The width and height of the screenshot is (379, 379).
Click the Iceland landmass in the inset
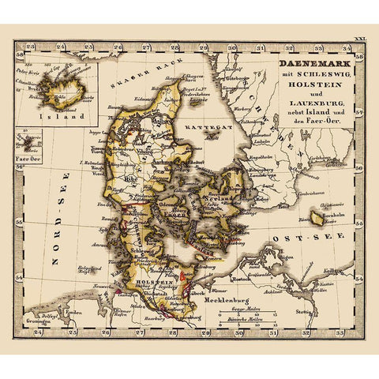(x=59, y=83)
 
